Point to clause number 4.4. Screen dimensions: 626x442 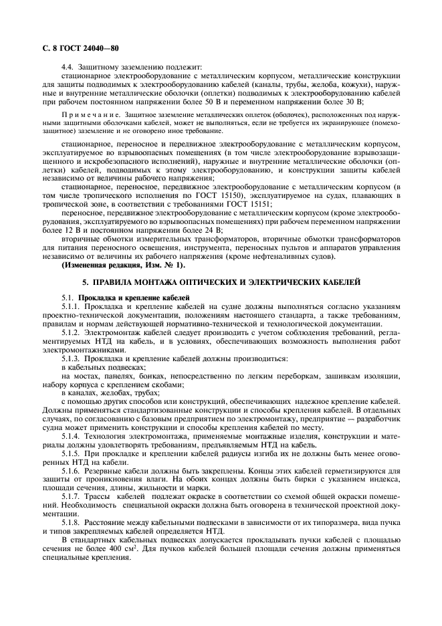click(x=68, y=67)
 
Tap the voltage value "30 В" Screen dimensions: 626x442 click(x=352, y=102)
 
